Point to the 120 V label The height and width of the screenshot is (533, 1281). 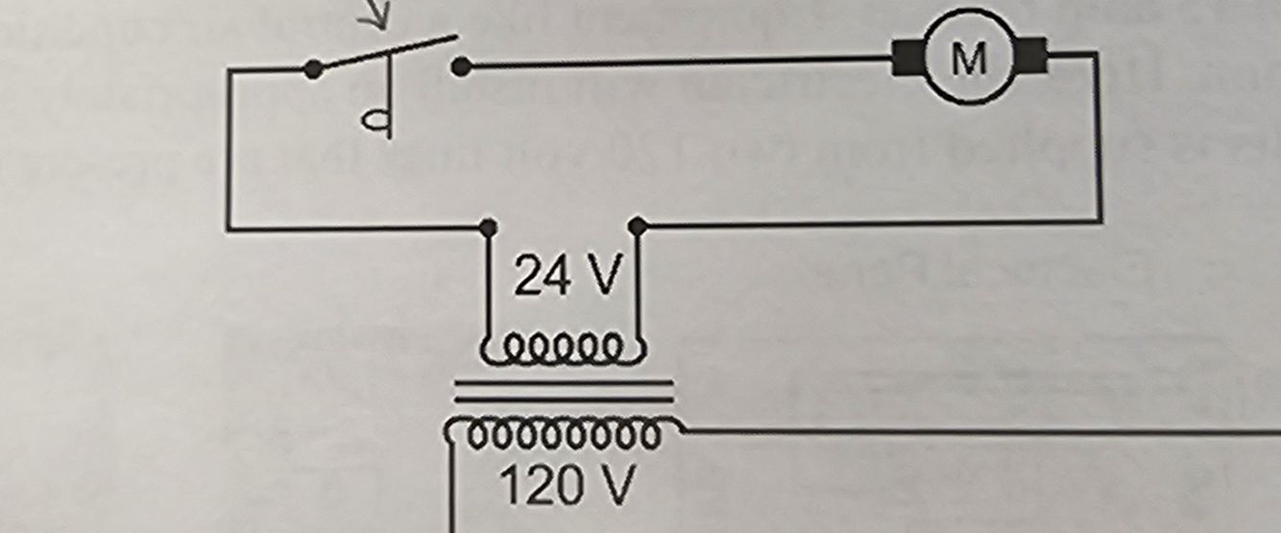click(x=567, y=485)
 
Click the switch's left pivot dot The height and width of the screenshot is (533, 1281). click(x=312, y=69)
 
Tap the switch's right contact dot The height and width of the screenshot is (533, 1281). click(x=461, y=66)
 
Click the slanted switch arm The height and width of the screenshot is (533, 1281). click(x=384, y=53)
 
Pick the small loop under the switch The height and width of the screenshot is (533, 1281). click(x=375, y=119)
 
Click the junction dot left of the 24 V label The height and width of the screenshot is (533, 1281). click(x=488, y=228)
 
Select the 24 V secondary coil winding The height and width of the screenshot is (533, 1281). click(x=559, y=348)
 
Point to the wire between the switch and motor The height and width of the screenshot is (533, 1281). click(x=672, y=63)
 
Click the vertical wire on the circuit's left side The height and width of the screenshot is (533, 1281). click(x=229, y=154)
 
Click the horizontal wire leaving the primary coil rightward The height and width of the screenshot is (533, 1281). click(x=960, y=431)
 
